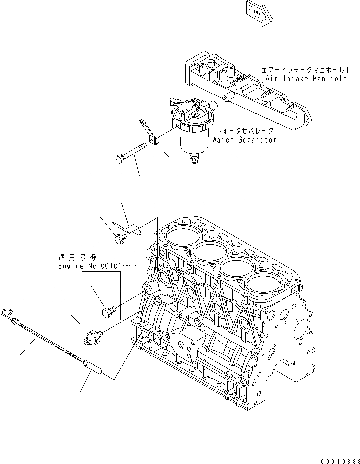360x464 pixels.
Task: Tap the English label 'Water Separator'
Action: point(244,140)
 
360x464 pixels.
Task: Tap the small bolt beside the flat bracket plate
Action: point(119,239)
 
